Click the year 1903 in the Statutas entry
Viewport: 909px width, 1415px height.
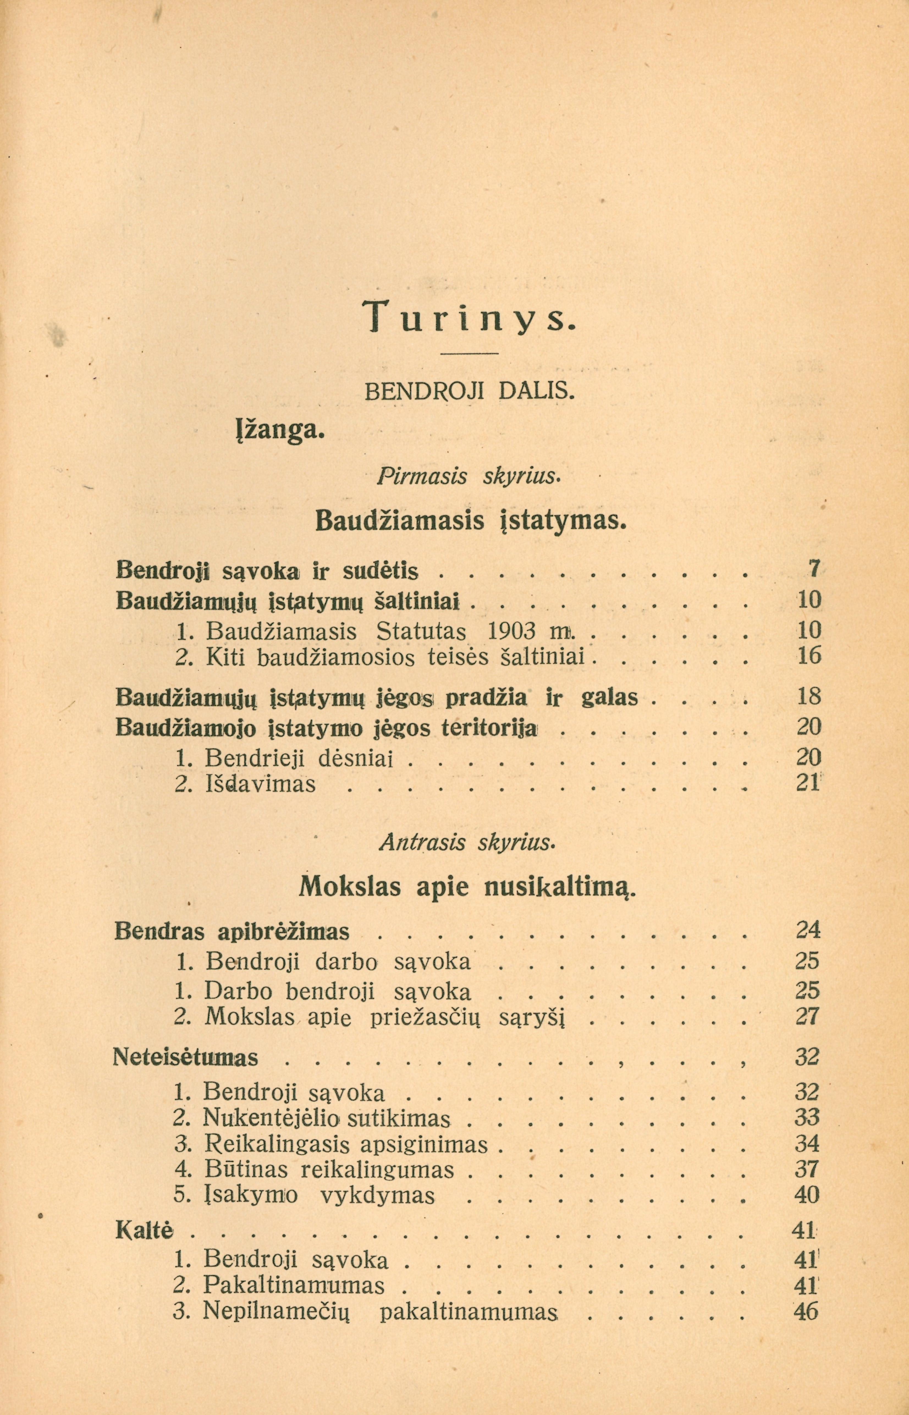point(512,631)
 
